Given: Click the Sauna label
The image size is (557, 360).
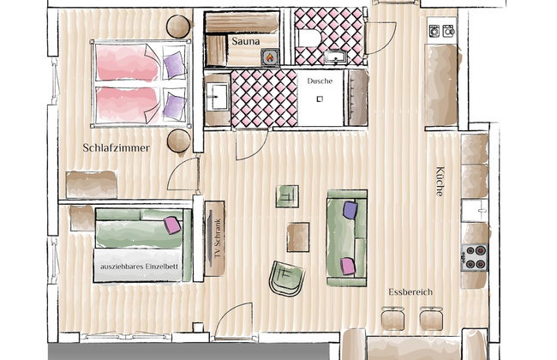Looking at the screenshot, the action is click(245, 41).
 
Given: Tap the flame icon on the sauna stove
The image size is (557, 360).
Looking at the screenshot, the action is click(270, 57).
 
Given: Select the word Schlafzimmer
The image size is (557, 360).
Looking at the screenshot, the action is click(117, 147).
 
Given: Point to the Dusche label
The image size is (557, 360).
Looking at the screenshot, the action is click(320, 81).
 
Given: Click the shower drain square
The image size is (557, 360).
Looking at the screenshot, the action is click(320, 99).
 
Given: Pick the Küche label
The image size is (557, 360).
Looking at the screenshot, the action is click(440, 181).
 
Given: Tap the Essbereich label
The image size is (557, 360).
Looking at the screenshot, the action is click(410, 292).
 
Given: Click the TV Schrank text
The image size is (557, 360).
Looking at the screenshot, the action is click(219, 238).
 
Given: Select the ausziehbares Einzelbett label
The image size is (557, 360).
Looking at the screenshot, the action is click(139, 267).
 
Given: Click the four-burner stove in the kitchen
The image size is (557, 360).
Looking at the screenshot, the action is click(475, 258).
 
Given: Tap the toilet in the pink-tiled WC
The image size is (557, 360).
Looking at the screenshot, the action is click(308, 38).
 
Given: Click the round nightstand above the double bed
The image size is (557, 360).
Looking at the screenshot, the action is click(178, 27).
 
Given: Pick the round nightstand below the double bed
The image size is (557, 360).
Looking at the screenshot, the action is click(179, 141).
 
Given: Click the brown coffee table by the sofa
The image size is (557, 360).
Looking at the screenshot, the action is click(298, 237).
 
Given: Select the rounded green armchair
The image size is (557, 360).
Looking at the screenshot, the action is click(287, 279).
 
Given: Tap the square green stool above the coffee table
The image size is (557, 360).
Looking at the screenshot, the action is click(287, 196).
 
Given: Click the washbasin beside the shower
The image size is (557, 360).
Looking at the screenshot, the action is click(217, 96).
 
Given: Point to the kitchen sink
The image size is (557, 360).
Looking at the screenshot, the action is click(475, 210).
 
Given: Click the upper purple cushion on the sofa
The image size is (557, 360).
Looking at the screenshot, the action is click(350, 210).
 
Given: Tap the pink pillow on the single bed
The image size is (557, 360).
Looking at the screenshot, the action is click(172, 225).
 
